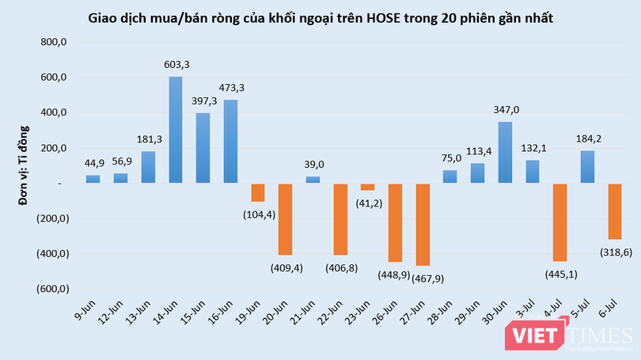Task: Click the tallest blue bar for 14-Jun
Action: pos(176,130)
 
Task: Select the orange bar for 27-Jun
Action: pos(423,225)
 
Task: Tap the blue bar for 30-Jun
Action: pos(505,153)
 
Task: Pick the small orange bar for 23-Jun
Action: pos(368,188)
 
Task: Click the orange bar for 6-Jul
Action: pos(615,211)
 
